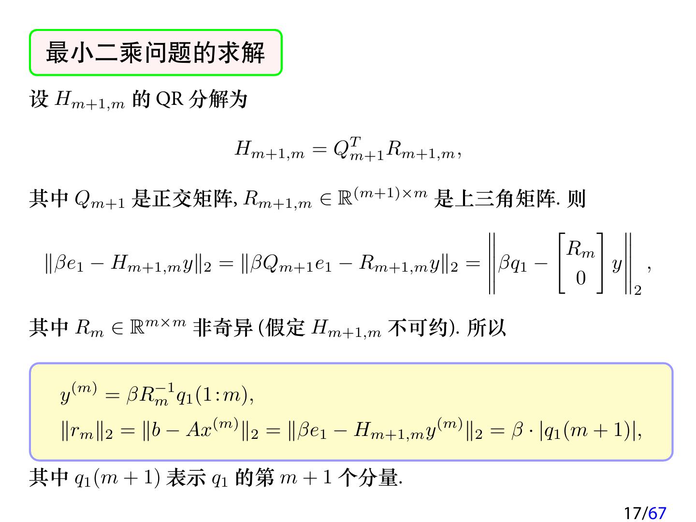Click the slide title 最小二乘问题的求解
click(x=155, y=53)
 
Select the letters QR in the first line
click(x=169, y=100)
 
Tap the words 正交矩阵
click(x=182, y=199)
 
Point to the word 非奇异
click(x=223, y=328)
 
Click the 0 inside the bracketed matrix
click(x=580, y=278)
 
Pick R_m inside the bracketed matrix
click(x=580, y=249)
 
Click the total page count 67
click(x=657, y=513)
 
